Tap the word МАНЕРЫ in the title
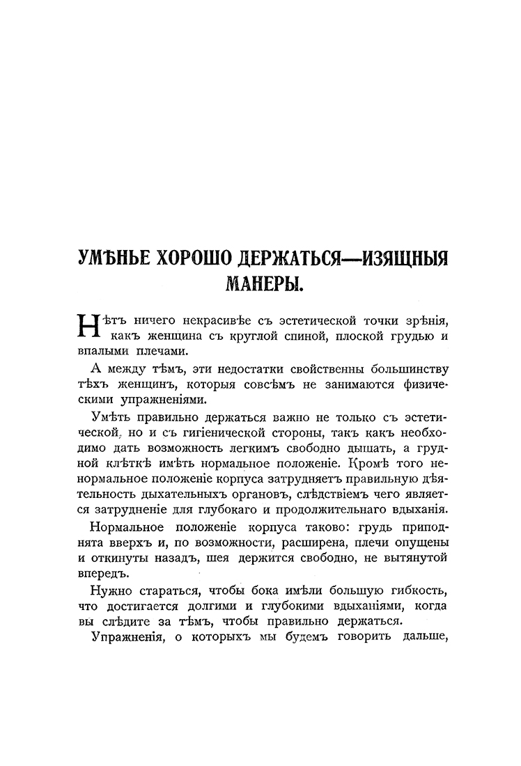point(260,284)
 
